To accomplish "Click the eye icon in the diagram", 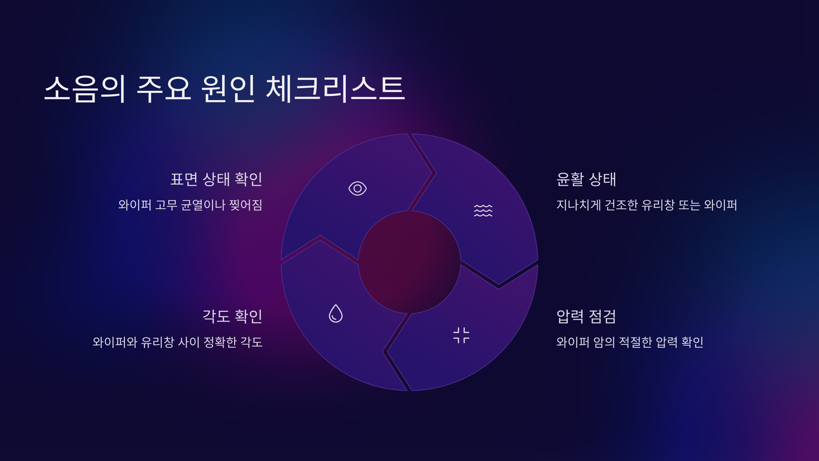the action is click(x=357, y=188).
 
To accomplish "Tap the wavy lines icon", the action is click(x=483, y=210).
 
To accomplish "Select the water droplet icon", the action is click(x=335, y=313).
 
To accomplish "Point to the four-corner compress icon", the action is click(x=461, y=335).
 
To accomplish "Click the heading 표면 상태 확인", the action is click(x=216, y=179).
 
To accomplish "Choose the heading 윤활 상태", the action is click(x=586, y=179).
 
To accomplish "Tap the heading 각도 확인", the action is click(x=232, y=316).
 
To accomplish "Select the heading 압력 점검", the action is click(x=586, y=316).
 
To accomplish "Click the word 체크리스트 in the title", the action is click(x=335, y=89).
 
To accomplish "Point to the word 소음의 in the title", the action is click(x=85, y=89).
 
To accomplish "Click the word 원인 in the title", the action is click(x=228, y=89).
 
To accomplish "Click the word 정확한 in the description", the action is click(x=220, y=342).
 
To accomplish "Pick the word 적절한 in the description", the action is click(x=635, y=342).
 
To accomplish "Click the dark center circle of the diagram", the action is click(x=409, y=262).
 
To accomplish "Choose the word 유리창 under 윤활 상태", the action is click(x=658, y=205).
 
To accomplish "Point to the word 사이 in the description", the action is click(x=189, y=342).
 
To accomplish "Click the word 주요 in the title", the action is click(x=164, y=89).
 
